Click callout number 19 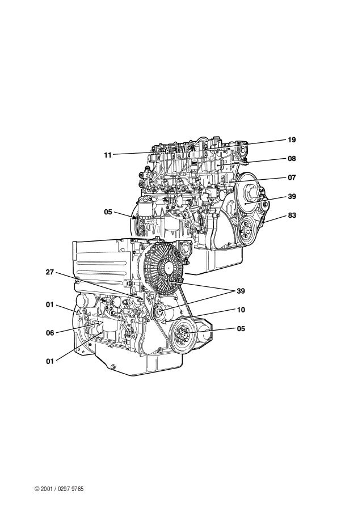click(x=292, y=139)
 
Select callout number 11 click(x=108, y=154)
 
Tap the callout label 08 click(x=292, y=159)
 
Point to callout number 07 click(x=292, y=177)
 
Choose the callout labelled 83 click(x=292, y=215)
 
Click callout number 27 click(x=50, y=272)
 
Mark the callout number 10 click(x=241, y=310)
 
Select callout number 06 click(x=50, y=333)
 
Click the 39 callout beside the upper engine click(x=292, y=197)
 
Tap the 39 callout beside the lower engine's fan click(x=241, y=291)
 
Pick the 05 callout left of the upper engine click(x=108, y=212)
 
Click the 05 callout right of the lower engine click(x=241, y=328)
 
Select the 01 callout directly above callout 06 click(x=50, y=305)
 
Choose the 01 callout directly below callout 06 click(x=50, y=361)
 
